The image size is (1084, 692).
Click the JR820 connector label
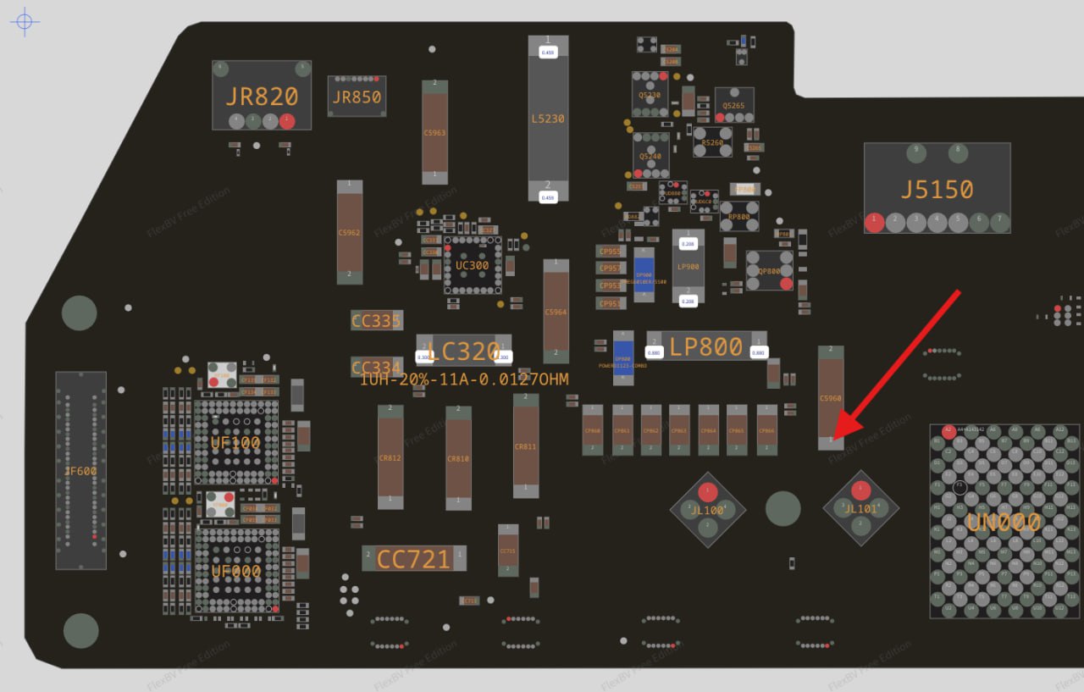coord(262,96)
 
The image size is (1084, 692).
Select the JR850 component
coord(357,97)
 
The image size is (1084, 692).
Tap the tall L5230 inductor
coord(548,119)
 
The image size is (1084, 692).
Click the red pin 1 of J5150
coord(875,222)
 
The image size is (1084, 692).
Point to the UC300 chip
coord(472,265)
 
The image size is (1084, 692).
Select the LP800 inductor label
coord(705,346)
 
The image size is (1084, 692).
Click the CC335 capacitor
coord(376,320)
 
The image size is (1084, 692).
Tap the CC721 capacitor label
coord(413,559)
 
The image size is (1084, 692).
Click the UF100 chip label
coord(235,442)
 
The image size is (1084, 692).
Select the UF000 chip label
coord(235,572)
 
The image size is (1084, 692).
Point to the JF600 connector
coord(81,470)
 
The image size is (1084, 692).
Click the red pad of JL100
coord(708,493)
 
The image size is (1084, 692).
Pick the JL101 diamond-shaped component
coord(861,508)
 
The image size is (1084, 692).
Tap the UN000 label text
coord(1003,523)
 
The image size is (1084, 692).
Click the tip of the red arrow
coord(835,439)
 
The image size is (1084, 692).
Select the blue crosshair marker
coord(24,21)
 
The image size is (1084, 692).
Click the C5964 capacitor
coord(556,311)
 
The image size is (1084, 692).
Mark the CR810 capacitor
coord(458,457)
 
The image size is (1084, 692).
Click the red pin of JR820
coord(287,121)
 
